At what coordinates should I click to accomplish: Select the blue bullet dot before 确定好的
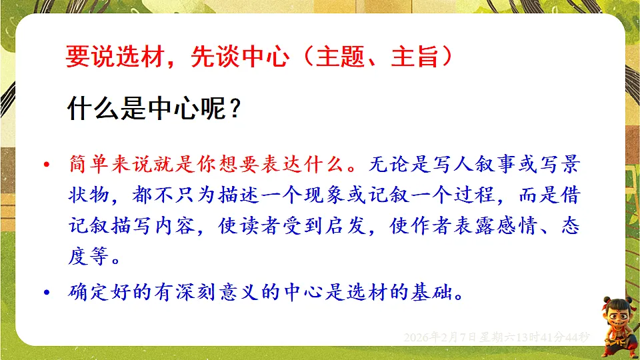click(46, 293)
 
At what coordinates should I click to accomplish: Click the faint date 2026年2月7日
click(439, 337)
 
